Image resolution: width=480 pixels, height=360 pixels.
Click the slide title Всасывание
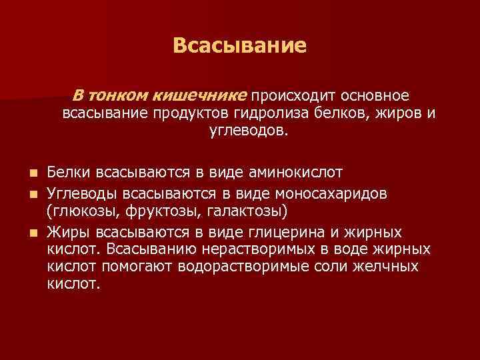coord(239,45)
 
